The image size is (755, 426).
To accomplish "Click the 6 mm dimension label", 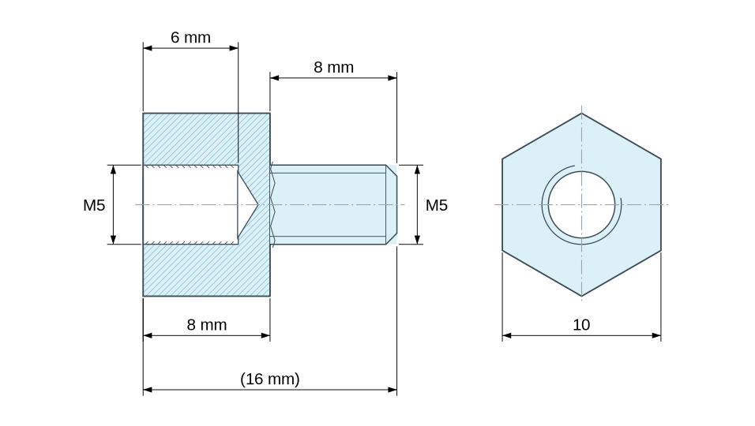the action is tap(190, 38).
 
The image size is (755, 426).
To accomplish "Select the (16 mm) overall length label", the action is tap(270, 379).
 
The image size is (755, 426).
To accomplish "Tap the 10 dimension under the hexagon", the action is tap(581, 325).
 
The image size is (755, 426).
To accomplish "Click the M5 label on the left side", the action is tap(94, 205).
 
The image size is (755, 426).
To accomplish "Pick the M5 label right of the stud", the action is tap(437, 205).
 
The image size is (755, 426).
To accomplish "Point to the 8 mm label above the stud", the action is tap(334, 67).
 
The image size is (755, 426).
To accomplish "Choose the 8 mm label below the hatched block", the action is tap(207, 325).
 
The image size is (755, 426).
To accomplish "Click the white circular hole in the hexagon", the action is tap(582, 205).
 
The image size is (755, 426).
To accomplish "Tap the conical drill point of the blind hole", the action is tap(247, 205).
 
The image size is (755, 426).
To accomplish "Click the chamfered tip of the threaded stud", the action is tap(392, 205).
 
